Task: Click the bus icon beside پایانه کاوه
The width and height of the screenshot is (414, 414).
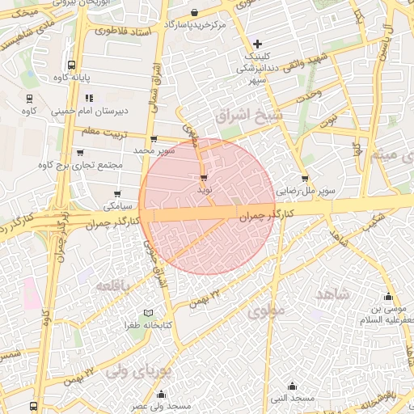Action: [x=73, y=65]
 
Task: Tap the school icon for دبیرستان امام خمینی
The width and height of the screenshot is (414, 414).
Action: [x=87, y=98]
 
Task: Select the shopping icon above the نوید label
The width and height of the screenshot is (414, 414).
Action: [x=203, y=176]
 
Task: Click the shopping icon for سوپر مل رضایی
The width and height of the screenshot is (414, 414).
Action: [x=305, y=179]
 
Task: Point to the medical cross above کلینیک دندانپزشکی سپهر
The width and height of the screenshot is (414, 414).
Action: [x=257, y=44]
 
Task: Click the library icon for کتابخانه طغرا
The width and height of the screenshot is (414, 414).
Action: [x=147, y=313]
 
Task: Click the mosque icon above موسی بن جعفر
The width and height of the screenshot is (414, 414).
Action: [x=389, y=296]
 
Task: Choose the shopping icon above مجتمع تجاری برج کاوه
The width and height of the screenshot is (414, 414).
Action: [x=79, y=151]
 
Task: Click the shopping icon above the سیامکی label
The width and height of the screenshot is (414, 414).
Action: [x=118, y=193]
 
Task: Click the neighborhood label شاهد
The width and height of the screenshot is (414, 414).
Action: [x=331, y=294]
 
